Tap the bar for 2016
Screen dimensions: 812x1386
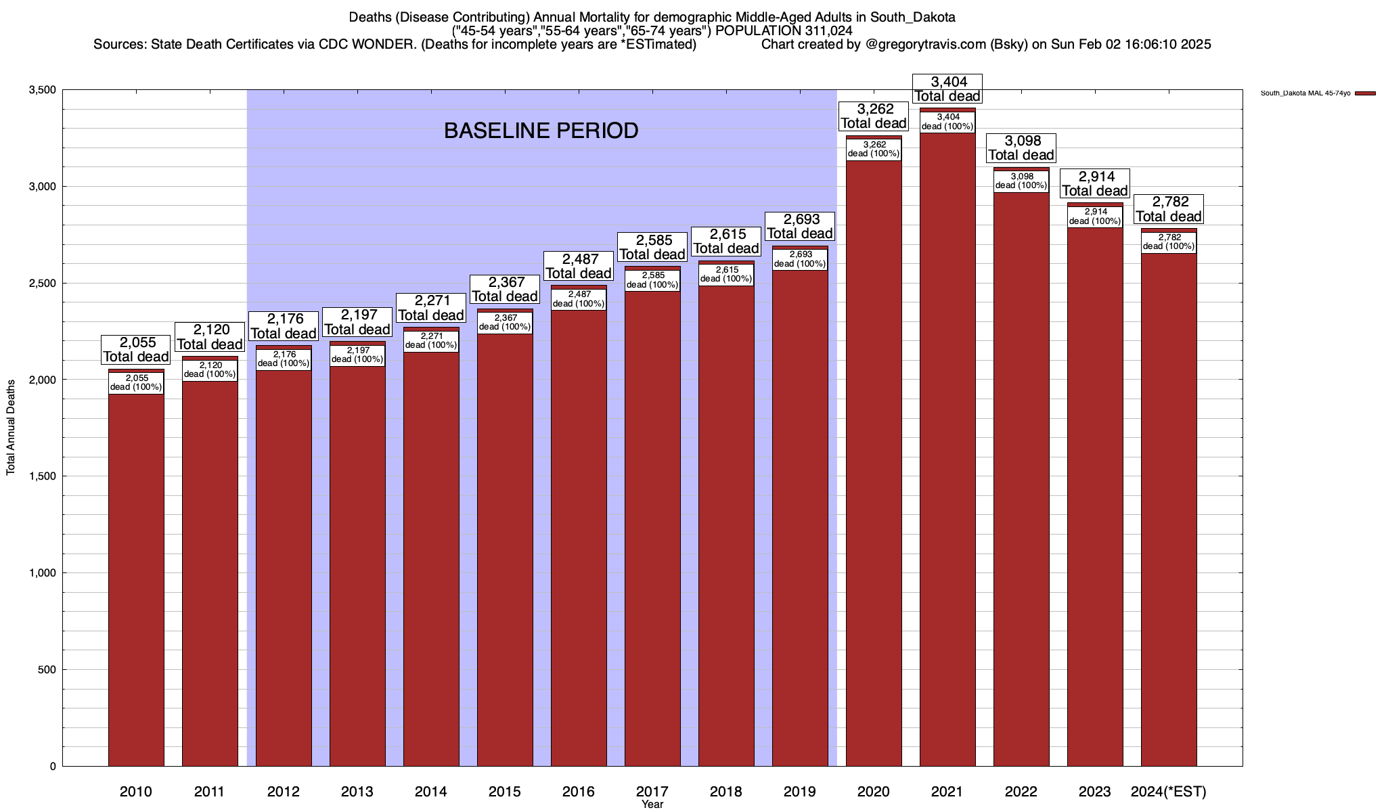[x=579, y=541]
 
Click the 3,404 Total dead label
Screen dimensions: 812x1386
[x=947, y=89]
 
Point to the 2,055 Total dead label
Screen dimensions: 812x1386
[x=136, y=350]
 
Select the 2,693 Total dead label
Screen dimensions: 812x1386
[x=800, y=226]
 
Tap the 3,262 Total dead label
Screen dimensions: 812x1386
[x=874, y=116]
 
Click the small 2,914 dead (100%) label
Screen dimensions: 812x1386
[x=1095, y=217]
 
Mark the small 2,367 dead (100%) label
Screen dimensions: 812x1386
[x=505, y=323]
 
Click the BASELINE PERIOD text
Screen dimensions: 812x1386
[x=541, y=131]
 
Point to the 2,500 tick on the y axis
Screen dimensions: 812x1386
[x=43, y=284]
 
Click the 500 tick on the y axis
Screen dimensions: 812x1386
[x=47, y=670]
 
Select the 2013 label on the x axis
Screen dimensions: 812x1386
[x=357, y=792]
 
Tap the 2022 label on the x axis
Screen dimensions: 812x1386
[x=1021, y=792]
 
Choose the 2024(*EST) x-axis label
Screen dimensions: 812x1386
[x=1169, y=792]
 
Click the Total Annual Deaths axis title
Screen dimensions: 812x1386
[x=11, y=428]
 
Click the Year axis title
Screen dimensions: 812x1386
[x=652, y=805]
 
